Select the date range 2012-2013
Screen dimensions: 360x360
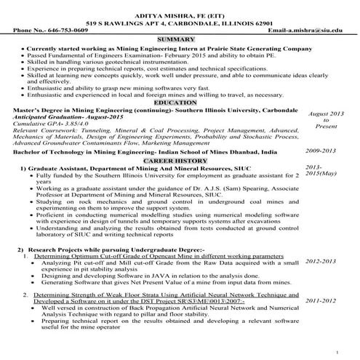321,260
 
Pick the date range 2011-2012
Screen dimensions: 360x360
321,300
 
